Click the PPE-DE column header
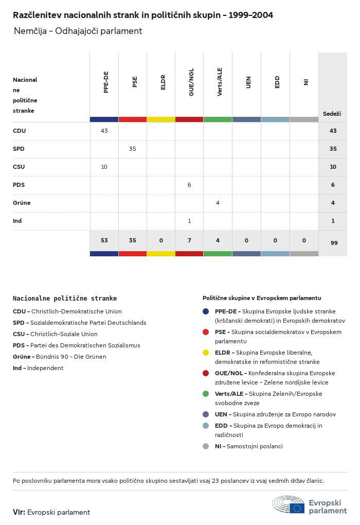106,82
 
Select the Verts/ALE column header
220,82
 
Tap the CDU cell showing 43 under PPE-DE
104,131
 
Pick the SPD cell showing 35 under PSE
133,149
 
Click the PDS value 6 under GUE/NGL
189,185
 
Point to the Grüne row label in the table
22,203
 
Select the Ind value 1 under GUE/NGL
189,221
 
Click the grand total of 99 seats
334,243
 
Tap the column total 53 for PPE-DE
104,240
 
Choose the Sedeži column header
332,114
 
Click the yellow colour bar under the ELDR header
161,119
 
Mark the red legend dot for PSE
206,332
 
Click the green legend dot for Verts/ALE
206,394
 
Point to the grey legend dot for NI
206,446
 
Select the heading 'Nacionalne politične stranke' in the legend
65,299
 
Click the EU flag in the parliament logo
297,508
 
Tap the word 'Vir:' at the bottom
19,512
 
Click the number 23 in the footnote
215,481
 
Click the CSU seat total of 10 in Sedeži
333,167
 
